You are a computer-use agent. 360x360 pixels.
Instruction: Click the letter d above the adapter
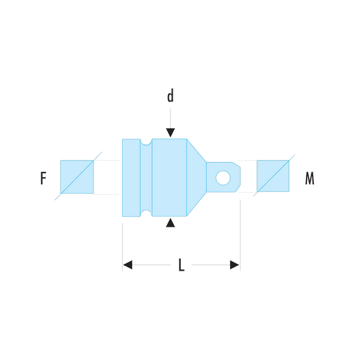coord(171,95)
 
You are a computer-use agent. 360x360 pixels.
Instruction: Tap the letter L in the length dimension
coord(181,265)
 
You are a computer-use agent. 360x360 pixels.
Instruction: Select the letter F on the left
coord(43,178)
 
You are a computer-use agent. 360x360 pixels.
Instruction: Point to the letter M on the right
coord(309,178)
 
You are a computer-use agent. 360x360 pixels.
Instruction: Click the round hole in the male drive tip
coord(223,178)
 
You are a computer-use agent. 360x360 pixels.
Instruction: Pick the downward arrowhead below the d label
coord(171,133)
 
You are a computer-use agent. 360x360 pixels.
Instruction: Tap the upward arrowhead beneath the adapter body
coord(171,223)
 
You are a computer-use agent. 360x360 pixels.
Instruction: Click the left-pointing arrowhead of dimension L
coord(127,265)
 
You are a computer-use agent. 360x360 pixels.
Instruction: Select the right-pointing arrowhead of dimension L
coord(235,265)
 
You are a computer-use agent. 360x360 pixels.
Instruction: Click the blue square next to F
coord(77,177)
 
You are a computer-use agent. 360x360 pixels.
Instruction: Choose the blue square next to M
coord(273,176)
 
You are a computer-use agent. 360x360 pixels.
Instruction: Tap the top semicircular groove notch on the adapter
coord(146,142)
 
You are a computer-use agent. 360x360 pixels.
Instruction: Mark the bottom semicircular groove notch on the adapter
coord(146,213)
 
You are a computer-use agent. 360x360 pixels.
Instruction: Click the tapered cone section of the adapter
coord(196,177)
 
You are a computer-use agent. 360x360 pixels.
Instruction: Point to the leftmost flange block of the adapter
coord(131,178)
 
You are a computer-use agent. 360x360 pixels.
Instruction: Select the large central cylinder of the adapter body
coord(169,177)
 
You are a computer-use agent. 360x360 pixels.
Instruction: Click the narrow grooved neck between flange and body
coord(146,178)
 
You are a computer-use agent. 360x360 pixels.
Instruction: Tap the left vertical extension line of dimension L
coord(123,247)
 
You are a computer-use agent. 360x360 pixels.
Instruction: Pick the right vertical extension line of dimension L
coord(240,235)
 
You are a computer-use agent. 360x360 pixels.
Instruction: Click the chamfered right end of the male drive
coord(237,177)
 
